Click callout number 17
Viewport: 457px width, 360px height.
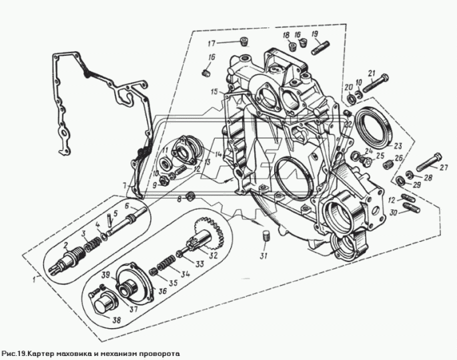211,44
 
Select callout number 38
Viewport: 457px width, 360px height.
117,320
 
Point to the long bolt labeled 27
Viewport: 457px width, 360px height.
428,161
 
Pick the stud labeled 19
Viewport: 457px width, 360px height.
321,48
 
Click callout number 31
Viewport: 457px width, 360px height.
264,256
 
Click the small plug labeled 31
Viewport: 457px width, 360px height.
266,235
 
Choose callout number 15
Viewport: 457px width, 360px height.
214,92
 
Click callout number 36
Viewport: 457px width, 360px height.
162,290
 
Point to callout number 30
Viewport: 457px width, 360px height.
393,213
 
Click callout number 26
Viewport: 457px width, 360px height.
399,158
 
